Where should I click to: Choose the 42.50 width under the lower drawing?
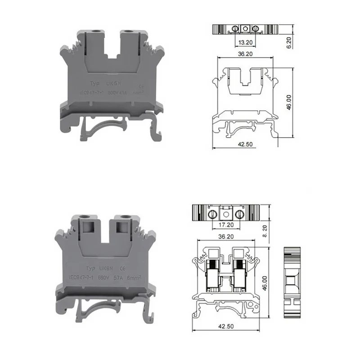(x=224, y=326)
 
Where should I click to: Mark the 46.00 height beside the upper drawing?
(x=289, y=101)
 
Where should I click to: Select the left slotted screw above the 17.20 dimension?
(x=214, y=213)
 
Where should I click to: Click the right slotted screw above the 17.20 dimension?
(x=240, y=213)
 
